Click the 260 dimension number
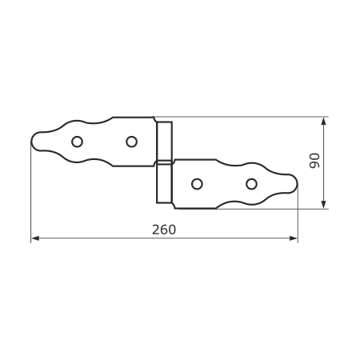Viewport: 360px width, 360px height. coord(164,230)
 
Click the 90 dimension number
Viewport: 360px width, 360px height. coord(314,161)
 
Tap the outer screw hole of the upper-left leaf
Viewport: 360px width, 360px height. coord(77,142)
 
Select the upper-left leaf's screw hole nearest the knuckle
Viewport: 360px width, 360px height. coord(131,142)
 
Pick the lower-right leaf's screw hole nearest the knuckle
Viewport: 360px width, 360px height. coord(197,184)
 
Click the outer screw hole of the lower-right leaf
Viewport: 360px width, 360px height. coord(251,184)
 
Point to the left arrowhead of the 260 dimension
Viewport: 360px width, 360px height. coord(35,238)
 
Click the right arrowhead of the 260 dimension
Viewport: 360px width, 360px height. coord(294,238)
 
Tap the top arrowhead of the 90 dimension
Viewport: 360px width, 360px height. coord(323,122)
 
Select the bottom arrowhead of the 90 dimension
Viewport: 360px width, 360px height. coord(323,205)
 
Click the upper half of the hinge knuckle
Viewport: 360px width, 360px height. coord(164,142)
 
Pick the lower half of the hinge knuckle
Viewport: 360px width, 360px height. coord(164,183)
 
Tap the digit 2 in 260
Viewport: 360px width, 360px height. coord(156,230)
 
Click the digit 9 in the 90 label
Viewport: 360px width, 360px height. coord(314,165)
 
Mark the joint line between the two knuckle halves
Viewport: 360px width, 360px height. coord(164,162)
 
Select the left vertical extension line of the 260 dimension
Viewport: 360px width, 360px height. coord(31,192)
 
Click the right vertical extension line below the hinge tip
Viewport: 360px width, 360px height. coord(298,214)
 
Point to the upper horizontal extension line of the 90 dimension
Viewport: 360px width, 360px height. coord(242,117)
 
